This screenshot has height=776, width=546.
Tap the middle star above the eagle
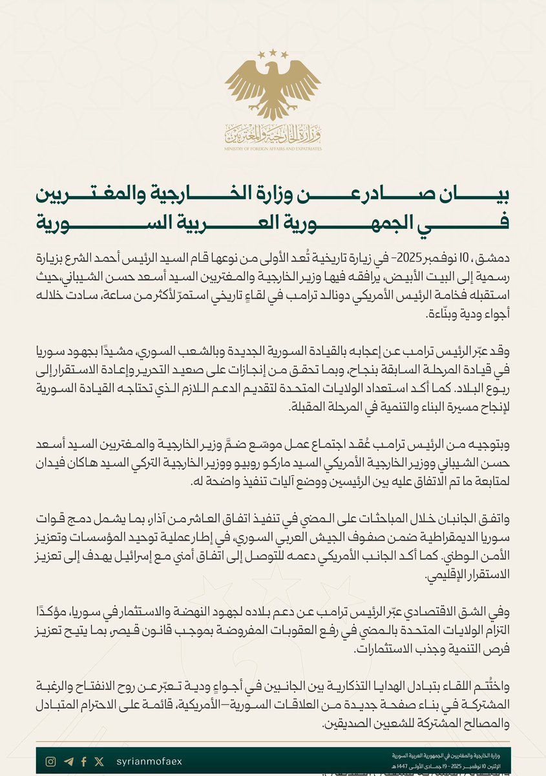[x=273, y=51]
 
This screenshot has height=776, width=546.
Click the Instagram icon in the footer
[x=50, y=762]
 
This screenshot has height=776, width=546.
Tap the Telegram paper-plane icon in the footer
[x=68, y=762]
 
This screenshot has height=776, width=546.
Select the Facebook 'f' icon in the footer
[x=84, y=762]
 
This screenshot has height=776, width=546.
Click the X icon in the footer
[x=99, y=762]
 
